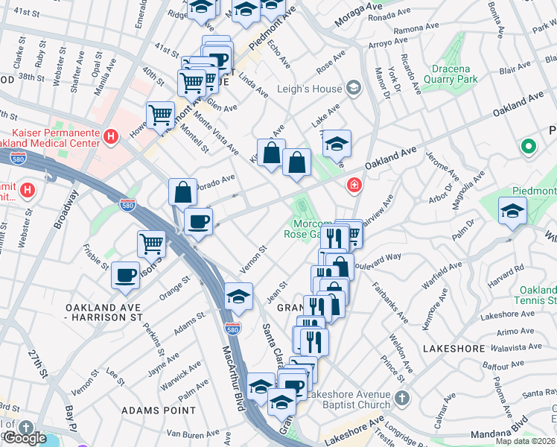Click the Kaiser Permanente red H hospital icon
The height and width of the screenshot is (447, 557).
pos(111,136)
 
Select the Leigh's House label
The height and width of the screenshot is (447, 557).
pos(310,89)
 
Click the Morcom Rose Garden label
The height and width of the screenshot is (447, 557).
pos(308,228)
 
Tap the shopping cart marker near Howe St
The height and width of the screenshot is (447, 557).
pos(160,115)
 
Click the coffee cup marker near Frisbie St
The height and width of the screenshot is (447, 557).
pos(125,275)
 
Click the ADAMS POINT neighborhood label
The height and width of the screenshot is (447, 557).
pos(158,410)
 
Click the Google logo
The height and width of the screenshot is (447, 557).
pos(25,438)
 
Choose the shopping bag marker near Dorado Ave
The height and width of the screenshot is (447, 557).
pos(182,192)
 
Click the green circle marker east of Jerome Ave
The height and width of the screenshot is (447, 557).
pos(529,147)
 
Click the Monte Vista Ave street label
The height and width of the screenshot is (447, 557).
pos(217,131)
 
